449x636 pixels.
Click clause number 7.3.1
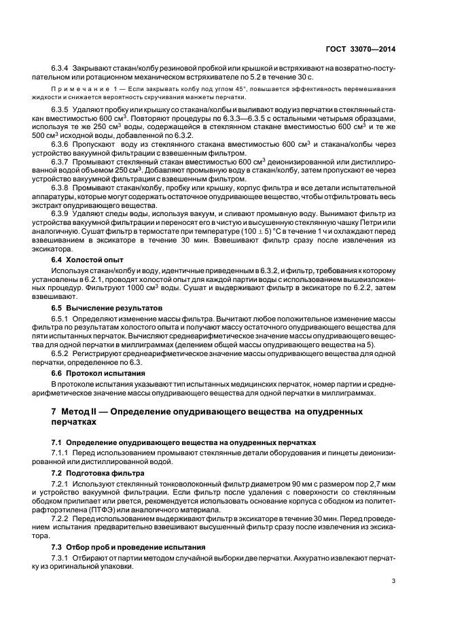coord(60,557)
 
